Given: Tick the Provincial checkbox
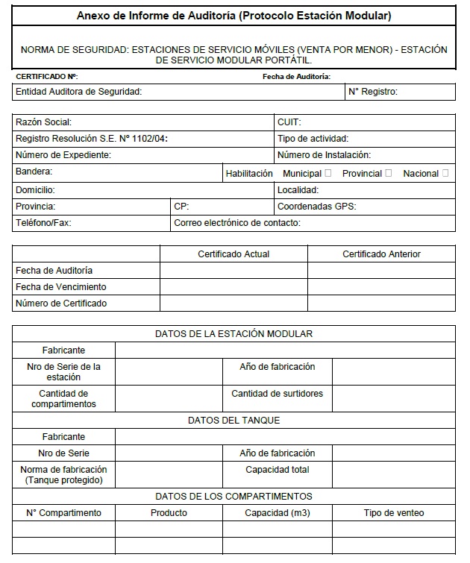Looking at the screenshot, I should pyautogui.click(x=388, y=174).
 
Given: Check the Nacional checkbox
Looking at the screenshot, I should pyautogui.click(x=445, y=174).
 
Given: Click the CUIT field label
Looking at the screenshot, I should pyautogui.click(x=289, y=122).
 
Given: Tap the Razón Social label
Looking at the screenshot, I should pyautogui.click(x=43, y=122).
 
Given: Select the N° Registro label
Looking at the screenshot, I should pyautogui.click(x=373, y=92).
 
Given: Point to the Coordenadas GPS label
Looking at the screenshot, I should pyautogui.click(x=316, y=207).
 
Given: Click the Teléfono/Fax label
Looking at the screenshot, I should pyautogui.click(x=43, y=223).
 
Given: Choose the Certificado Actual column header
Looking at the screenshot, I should pyautogui.click(x=234, y=254).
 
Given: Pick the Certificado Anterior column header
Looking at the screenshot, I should pyautogui.click(x=381, y=254).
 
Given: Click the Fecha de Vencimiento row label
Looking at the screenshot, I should pyautogui.click(x=61, y=287).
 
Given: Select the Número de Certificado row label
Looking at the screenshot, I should pyautogui.click(x=61, y=303).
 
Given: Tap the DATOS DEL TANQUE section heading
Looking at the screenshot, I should pyautogui.click(x=234, y=421).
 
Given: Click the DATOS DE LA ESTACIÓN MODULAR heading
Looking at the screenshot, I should pyautogui.click(x=234, y=334).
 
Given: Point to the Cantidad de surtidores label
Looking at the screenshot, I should pyautogui.click(x=277, y=394).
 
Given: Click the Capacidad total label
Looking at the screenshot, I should pyautogui.click(x=277, y=470).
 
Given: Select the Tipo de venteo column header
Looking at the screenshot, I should pyautogui.click(x=394, y=513).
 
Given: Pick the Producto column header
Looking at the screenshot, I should pyautogui.click(x=169, y=513).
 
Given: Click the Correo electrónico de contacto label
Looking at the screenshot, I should pyautogui.click(x=236, y=223).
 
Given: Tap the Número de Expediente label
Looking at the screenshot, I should pyautogui.click(x=63, y=155).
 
